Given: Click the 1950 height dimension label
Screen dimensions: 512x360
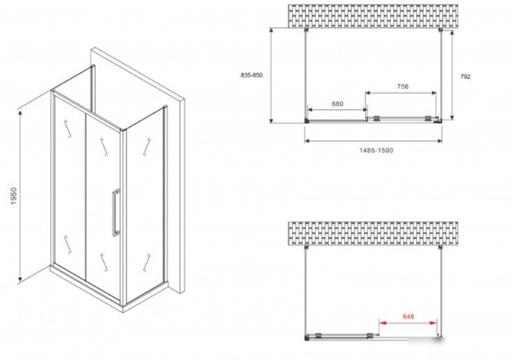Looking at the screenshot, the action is click(13, 196).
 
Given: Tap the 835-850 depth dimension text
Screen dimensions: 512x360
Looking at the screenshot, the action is click(251, 75).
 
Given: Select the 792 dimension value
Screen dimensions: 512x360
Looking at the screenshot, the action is click(465, 76).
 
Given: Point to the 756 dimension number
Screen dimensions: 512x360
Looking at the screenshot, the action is click(403, 86).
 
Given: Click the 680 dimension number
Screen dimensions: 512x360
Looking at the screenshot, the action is click(338, 104).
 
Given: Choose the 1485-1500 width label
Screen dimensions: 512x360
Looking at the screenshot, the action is click(376, 150).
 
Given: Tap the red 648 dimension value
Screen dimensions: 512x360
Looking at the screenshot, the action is click(408, 316).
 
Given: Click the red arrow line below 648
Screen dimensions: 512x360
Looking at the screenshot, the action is click(408, 322).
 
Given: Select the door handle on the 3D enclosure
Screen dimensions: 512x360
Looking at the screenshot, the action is click(115, 213).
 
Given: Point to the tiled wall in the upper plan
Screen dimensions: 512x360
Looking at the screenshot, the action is click(373, 16).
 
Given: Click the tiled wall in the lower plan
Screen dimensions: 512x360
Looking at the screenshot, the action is click(373, 234).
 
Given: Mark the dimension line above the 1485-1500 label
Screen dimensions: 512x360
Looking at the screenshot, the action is click(373, 141).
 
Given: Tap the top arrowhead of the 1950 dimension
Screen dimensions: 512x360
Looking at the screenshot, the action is click(20, 113).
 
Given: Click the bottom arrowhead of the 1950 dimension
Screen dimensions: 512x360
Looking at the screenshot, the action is click(20, 279).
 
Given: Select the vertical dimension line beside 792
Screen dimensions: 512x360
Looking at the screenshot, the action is click(452, 75).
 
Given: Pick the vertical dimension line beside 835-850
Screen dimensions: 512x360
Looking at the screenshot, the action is click(271, 76).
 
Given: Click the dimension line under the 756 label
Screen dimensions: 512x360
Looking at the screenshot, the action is click(401, 92).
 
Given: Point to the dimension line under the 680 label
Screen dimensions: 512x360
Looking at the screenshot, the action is click(338, 110).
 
